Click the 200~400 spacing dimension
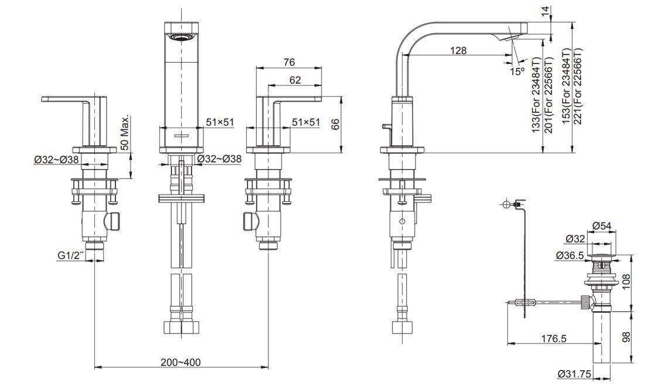(x=180, y=362)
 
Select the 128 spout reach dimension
(x=458, y=50)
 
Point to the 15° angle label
(x=517, y=71)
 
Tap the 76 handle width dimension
(x=289, y=62)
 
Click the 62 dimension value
(x=295, y=80)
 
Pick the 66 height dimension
(x=336, y=124)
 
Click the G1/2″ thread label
(x=71, y=256)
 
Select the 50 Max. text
(x=124, y=132)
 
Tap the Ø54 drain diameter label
(x=602, y=226)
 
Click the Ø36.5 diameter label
(x=570, y=255)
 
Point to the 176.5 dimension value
(x=554, y=338)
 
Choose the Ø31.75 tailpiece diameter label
(x=574, y=374)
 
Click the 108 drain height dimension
(x=625, y=282)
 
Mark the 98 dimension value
(x=625, y=338)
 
